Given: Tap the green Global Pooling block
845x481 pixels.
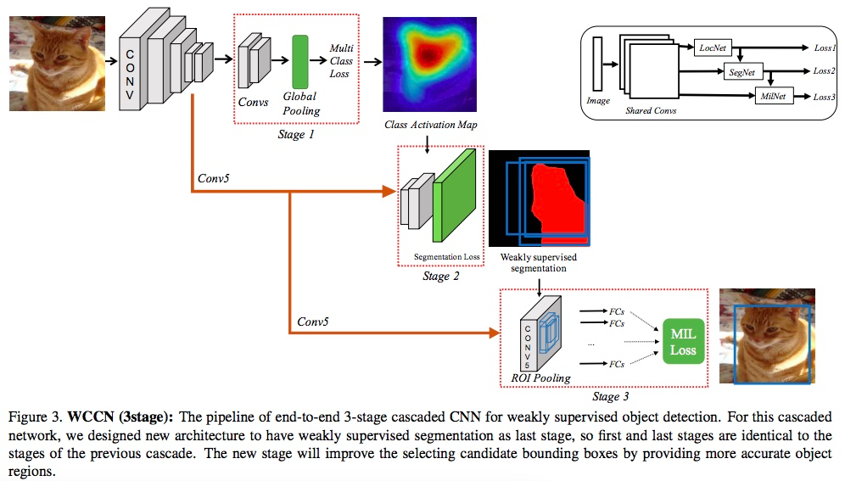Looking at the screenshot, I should click(x=300, y=62).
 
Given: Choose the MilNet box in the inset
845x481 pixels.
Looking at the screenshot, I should click(x=773, y=96).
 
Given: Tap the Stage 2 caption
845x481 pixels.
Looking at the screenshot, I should click(x=441, y=276).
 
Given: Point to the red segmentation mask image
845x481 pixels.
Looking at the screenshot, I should click(x=539, y=199).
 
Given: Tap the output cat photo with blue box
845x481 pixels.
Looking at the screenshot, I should click(x=767, y=338).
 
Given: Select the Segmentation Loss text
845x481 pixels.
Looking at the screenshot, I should click(x=446, y=257).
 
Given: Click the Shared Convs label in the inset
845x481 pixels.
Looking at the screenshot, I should click(x=651, y=111).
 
